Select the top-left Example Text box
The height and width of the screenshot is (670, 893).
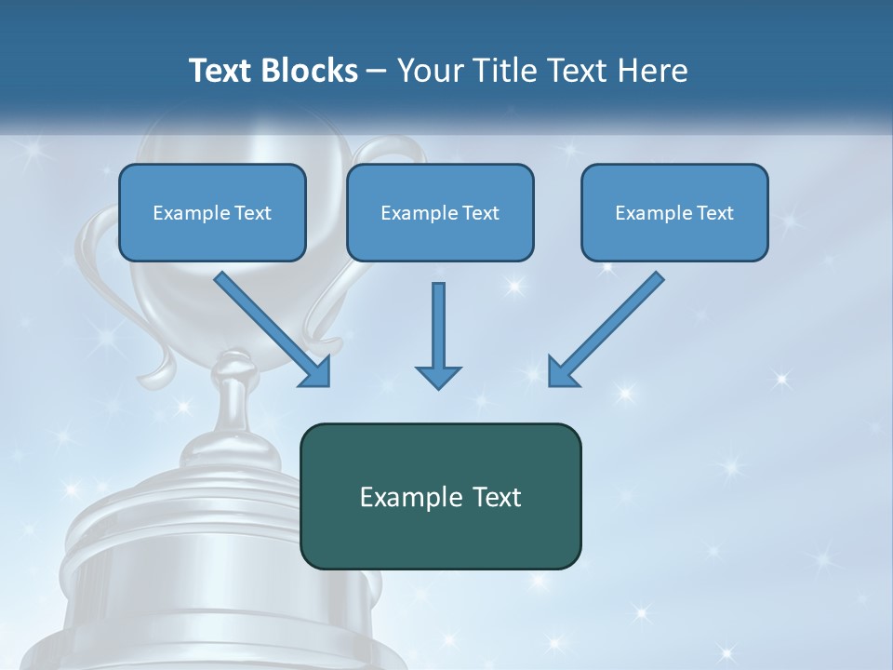[x=212, y=212]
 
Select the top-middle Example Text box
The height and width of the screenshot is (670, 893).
[x=440, y=212]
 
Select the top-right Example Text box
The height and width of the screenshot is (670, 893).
[x=674, y=212]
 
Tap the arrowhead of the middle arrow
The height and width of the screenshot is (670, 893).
[x=438, y=377]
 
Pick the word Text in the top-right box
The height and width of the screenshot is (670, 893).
[x=714, y=213]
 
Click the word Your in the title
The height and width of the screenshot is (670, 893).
[x=431, y=71]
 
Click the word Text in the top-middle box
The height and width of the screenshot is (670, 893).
[x=480, y=213]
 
